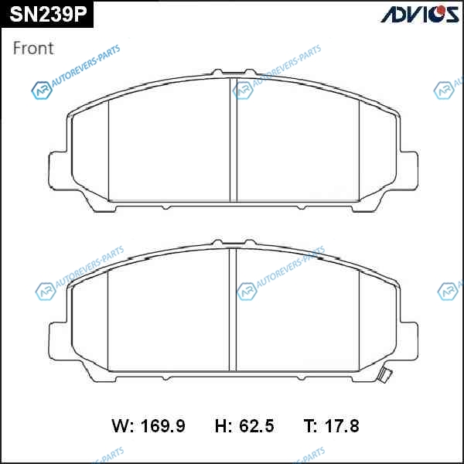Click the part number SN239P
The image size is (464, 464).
[48, 15]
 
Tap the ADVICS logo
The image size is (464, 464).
[420, 14]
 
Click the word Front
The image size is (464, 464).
[33, 48]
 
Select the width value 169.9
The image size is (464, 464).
[163, 426]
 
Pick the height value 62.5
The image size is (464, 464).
[257, 426]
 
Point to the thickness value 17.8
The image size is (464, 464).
[342, 426]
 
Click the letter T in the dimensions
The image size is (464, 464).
[309, 426]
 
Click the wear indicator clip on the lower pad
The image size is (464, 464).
[386, 375]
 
